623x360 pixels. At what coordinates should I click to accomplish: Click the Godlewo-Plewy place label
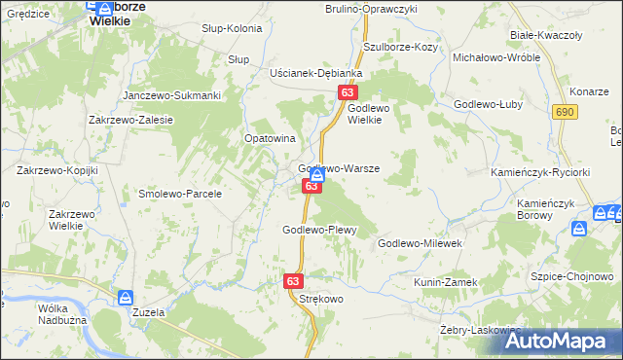[320, 230]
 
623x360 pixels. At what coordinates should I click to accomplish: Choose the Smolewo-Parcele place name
[180, 194]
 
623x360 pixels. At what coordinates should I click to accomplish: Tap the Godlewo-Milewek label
[424, 243]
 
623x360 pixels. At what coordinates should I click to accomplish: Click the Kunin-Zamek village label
[446, 281]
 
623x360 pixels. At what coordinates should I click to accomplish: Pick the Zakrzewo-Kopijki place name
[57, 170]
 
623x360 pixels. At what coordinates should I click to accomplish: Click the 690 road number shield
[563, 114]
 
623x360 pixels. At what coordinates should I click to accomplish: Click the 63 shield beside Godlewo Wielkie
[348, 92]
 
